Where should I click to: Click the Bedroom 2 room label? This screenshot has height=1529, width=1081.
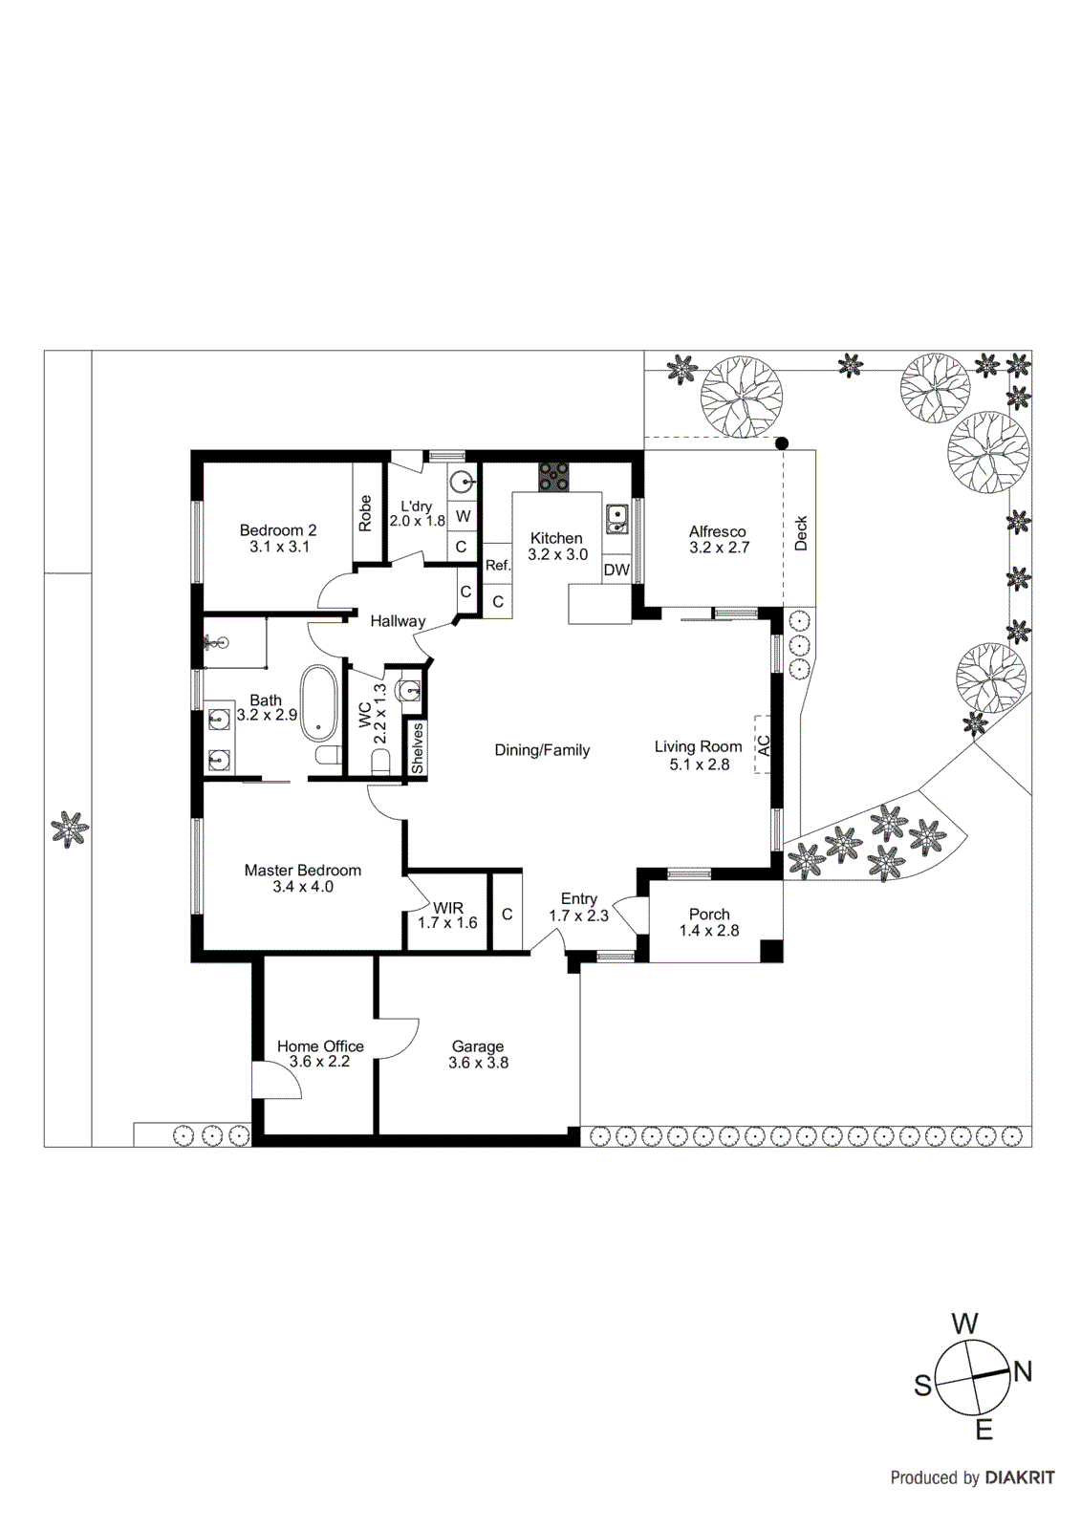(x=277, y=530)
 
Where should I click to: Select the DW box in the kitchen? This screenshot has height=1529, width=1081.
(x=616, y=571)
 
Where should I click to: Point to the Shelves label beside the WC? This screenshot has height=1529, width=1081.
(x=417, y=748)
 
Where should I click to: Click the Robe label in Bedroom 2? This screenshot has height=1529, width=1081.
(x=365, y=513)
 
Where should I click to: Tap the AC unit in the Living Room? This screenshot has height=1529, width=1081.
(x=763, y=744)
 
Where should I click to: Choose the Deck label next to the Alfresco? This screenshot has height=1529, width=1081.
(x=801, y=533)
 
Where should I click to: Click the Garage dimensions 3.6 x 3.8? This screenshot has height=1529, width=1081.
(x=478, y=1063)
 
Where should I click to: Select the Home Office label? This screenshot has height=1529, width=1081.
(x=320, y=1046)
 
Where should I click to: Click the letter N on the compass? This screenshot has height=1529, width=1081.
(x=1023, y=1372)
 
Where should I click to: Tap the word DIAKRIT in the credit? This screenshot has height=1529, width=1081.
(x=1020, y=1477)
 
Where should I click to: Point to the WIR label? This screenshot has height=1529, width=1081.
(x=447, y=908)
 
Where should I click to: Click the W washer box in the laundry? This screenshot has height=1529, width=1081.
(x=463, y=516)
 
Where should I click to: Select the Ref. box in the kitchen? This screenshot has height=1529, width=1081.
(x=497, y=566)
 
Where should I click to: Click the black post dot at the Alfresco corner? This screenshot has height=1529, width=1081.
(x=782, y=443)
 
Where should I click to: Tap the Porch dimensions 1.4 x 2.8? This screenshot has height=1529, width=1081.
(x=709, y=931)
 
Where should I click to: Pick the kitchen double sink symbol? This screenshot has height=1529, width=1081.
(x=616, y=518)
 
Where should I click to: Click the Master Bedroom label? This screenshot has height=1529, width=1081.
(x=302, y=871)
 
